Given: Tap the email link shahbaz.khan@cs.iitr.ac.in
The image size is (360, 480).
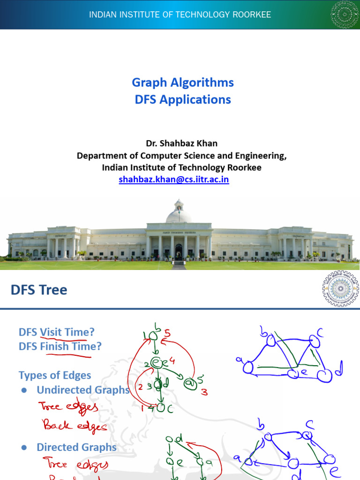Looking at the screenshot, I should (174, 179).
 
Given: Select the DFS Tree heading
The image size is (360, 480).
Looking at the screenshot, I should (39, 290).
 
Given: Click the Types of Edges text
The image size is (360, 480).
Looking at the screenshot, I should (55, 375).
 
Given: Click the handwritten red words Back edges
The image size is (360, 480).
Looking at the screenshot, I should (75, 426).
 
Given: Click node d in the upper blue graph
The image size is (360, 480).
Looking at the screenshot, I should (322, 375).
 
